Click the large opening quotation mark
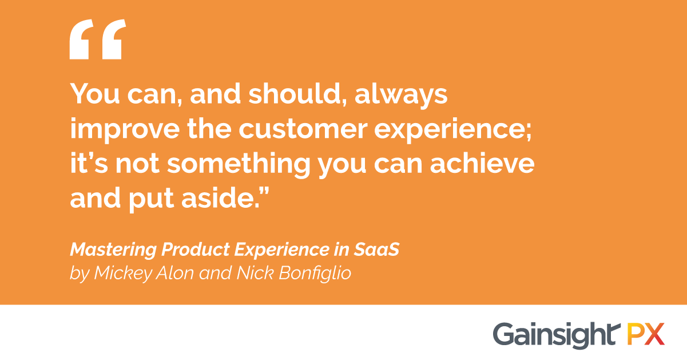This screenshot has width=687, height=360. tap(97, 39)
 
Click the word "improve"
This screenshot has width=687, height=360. tap(125, 130)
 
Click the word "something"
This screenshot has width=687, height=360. tap(239, 164)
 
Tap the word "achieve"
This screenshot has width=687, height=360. tap(482, 163)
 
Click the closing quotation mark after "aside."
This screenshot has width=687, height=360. tap(264, 190)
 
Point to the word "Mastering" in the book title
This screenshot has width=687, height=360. tap(113, 249)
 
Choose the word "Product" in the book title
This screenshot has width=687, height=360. tap(196, 249)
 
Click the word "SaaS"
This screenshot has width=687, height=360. tap(376, 249)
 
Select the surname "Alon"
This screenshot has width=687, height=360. tap(175, 272)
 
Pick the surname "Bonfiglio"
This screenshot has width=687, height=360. tap(315, 273)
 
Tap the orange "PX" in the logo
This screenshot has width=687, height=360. tap(645, 334)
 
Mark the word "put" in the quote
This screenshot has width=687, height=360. tap(151, 200)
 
